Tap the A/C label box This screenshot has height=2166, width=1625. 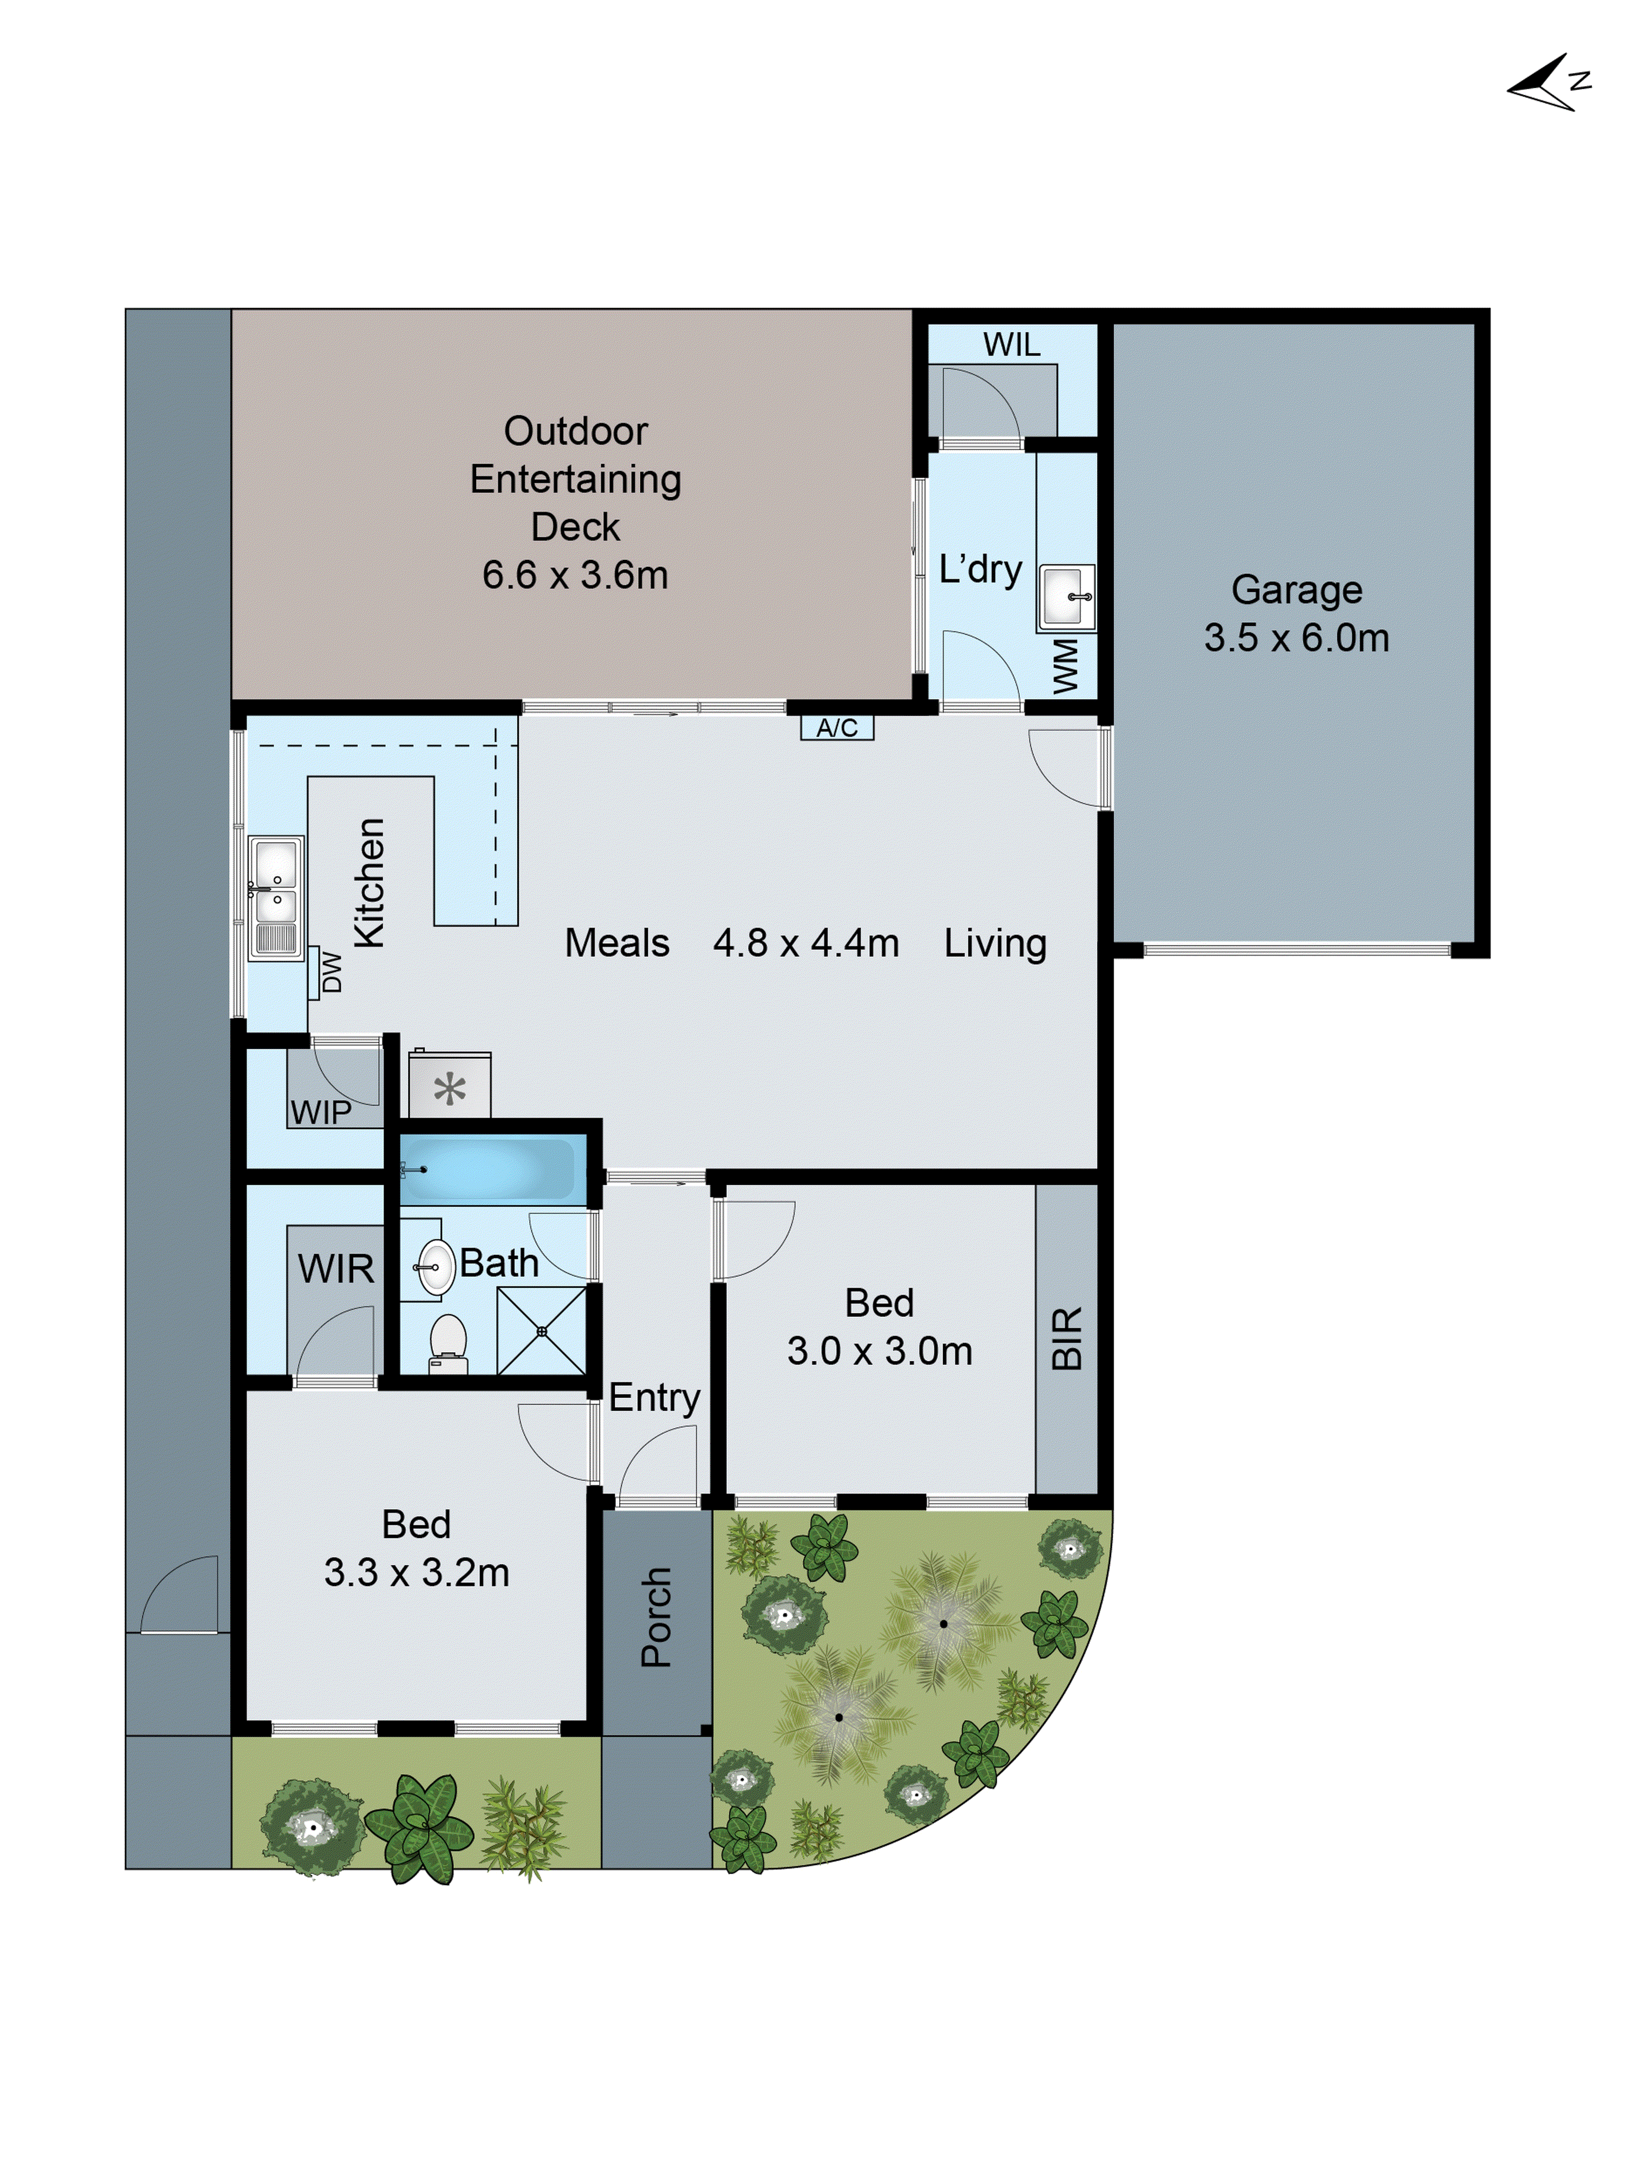(x=836, y=728)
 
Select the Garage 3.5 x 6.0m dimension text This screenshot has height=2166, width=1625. (x=1296, y=637)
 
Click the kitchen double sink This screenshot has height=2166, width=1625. (x=275, y=896)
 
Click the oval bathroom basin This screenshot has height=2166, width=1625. (x=436, y=1266)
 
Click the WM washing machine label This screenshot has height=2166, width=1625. (x=1065, y=666)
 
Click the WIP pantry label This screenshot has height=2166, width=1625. (x=320, y=1112)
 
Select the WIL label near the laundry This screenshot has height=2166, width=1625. (x=1011, y=345)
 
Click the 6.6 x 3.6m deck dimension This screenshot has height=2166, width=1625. (x=575, y=575)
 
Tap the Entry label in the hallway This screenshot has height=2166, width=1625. (x=654, y=1397)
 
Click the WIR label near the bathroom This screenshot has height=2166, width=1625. (x=336, y=1269)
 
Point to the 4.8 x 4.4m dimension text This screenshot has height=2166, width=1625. (x=805, y=943)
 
